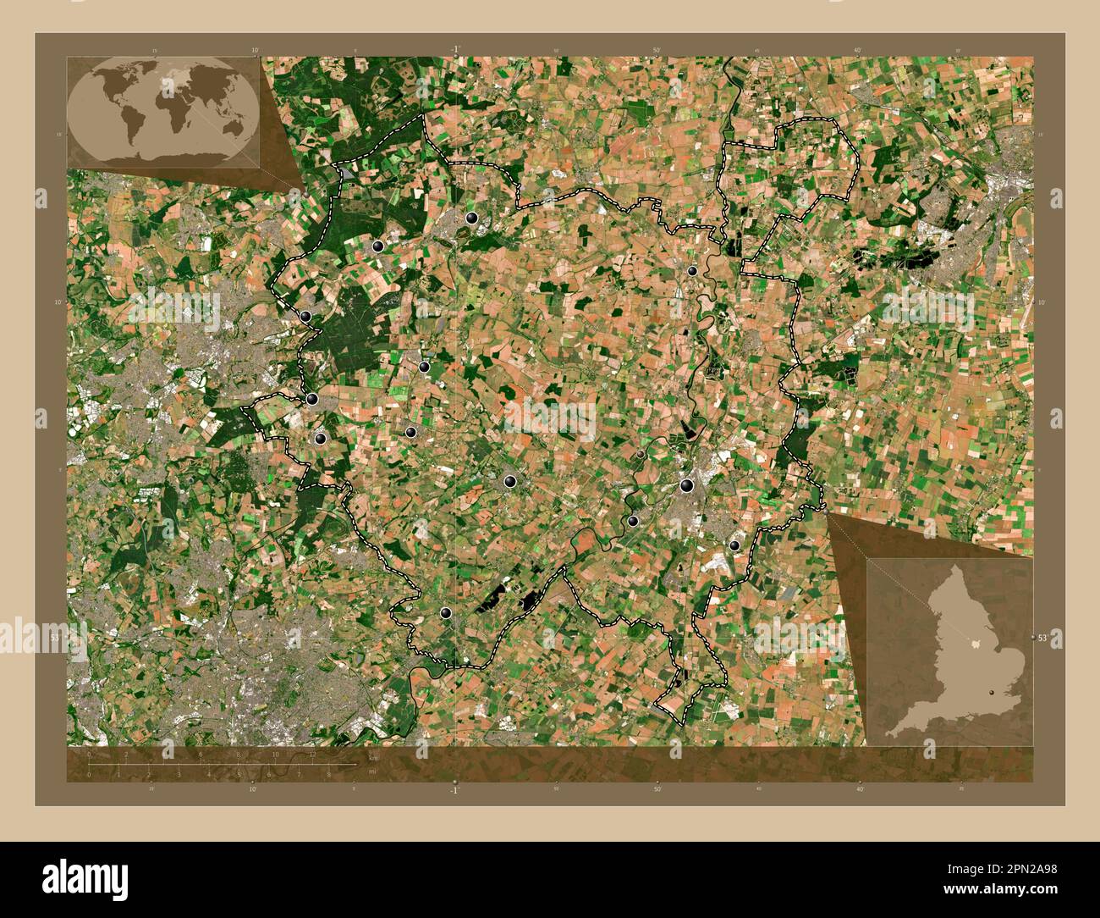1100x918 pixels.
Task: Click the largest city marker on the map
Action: coord(686,485)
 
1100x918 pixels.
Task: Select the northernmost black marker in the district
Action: coord(472,218)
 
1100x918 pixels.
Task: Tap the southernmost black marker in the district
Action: coord(446,613)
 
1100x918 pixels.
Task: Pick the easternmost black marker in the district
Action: coord(734,546)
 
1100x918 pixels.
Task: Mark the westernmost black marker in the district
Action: coord(306,317)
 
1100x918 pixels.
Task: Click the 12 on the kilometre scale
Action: coord(312,754)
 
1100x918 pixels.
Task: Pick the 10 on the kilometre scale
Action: coord(275,754)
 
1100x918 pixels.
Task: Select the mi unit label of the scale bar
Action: coord(371,772)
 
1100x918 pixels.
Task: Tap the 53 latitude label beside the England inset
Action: coord(1042,637)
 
